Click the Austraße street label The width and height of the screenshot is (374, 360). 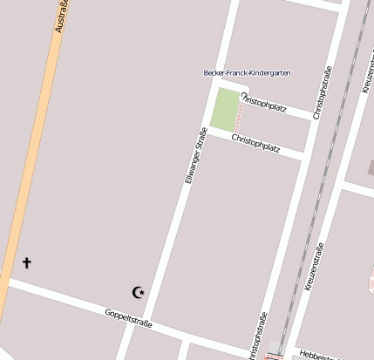pos(60,17)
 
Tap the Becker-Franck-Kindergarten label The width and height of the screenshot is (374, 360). pos(247,72)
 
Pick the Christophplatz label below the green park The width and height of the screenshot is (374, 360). pos(255,143)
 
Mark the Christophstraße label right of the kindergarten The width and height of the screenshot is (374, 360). pos(324,92)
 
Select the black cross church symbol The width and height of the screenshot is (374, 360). pos(26,262)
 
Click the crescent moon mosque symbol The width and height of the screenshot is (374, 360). pos(137,292)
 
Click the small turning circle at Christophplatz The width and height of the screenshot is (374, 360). pos(244,95)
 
